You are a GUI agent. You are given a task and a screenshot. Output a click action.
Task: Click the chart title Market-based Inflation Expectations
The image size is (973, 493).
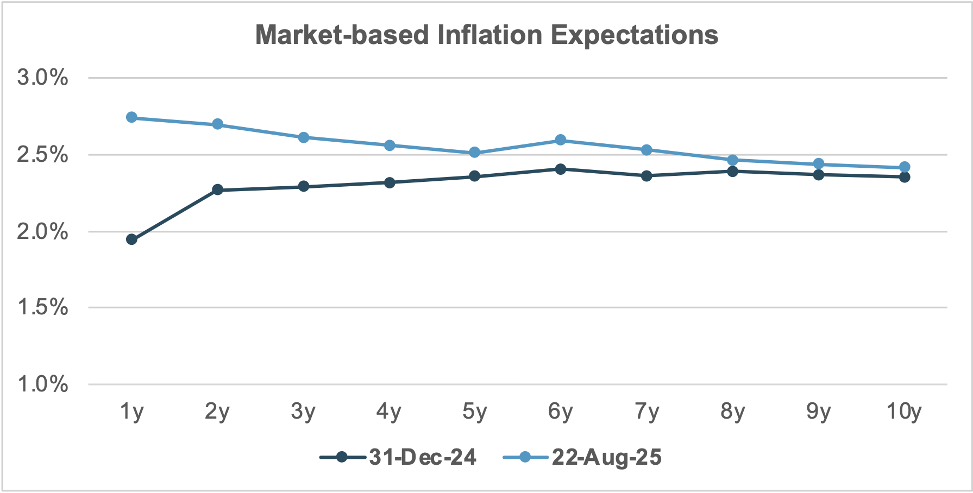pyautogui.click(x=486, y=35)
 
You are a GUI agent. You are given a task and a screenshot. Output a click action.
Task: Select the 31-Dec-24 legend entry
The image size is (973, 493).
pyautogui.click(x=398, y=457)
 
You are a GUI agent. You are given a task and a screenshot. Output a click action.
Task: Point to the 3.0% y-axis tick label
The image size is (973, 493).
pyautogui.click(x=43, y=78)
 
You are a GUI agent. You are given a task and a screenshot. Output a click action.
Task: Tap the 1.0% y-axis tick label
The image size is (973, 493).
pyautogui.click(x=43, y=384)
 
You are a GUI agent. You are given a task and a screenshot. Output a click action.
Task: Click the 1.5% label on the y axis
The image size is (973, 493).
pyautogui.click(x=43, y=308)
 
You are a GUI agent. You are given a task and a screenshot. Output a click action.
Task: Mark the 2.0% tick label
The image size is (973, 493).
pyautogui.click(x=43, y=232)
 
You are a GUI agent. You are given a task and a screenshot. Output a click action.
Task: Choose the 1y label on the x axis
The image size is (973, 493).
pyautogui.click(x=131, y=412)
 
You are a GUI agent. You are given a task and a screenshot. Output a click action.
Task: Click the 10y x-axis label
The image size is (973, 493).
pyautogui.click(x=904, y=412)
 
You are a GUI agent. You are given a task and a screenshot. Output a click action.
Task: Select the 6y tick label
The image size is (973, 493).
pyautogui.click(x=561, y=412)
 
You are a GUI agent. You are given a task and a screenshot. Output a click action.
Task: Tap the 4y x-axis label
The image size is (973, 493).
pyautogui.click(x=389, y=412)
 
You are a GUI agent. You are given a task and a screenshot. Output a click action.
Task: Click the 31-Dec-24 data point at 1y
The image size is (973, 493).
pyautogui.click(x=131, y=239)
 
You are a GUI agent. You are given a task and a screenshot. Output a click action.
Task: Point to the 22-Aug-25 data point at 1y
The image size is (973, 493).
pyautogui.click(x=131, y=117)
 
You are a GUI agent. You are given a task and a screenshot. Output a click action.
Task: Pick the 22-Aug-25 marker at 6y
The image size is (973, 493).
pyautogui.click(x=561, y=140)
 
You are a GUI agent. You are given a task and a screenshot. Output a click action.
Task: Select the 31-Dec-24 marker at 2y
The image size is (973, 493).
pyautogui.click(x=217, y=189)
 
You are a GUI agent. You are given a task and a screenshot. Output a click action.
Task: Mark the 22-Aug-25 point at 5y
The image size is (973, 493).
pyautogui.click(x=475, y=153)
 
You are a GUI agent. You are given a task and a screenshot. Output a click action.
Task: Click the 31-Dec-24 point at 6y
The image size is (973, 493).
pyautogui.click(x=561, y=169)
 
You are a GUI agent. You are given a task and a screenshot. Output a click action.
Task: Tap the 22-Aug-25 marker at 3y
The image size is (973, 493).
pyautogui.click(x=304, y=137)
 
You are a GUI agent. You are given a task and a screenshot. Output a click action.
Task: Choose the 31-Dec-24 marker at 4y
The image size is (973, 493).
pyautogui.click(x=389, y=182)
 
